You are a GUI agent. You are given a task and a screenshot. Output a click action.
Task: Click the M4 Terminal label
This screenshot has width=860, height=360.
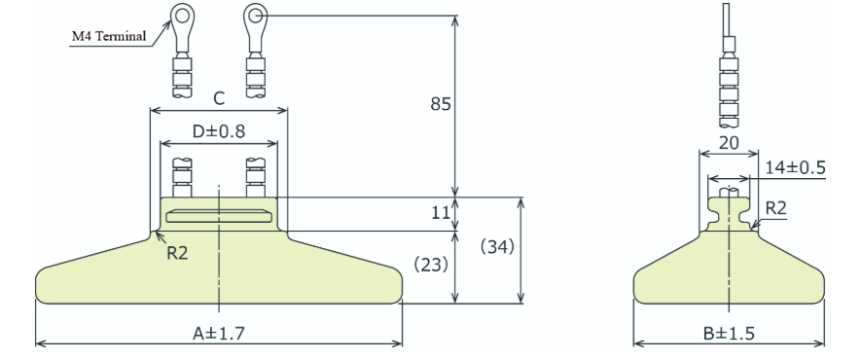(109, 37)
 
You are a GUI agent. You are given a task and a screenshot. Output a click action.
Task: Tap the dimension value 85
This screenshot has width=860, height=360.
(441, 104)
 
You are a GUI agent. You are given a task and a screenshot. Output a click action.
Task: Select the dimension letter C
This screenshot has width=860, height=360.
(219, 99)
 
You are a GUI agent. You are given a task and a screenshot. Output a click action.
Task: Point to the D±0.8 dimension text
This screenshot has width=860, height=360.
(218, 131)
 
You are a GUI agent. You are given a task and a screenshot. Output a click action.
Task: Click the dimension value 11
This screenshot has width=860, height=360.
(441, 213)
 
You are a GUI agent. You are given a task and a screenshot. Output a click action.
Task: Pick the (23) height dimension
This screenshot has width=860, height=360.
(431, 265)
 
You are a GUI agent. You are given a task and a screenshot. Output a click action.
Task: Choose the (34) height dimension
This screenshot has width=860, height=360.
(497, 247)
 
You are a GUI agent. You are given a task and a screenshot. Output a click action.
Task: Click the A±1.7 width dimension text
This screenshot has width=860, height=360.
(218, 333)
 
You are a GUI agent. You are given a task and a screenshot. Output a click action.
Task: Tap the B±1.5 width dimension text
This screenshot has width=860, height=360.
(729, 333)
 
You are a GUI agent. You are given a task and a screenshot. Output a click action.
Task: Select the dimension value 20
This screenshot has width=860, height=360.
(729, 143)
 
